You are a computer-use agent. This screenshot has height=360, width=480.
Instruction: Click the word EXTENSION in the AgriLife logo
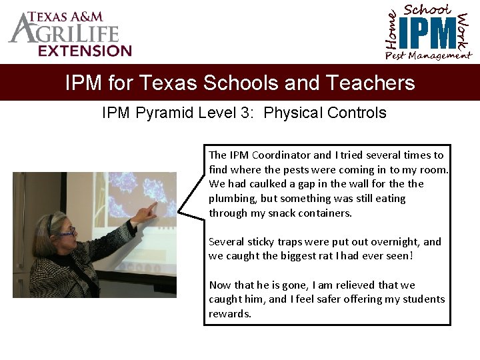(85, 51)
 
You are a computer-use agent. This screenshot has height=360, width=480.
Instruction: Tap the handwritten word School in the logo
(427, 9)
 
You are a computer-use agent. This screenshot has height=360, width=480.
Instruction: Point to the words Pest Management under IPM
(428, 56)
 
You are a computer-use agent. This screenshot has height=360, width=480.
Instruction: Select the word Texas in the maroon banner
(167, 83)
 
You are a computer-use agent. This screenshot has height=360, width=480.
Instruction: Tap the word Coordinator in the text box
(281, 155)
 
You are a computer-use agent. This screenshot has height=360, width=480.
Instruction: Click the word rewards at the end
(229, 314)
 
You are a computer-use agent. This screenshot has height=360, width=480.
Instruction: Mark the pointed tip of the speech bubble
(179, 214)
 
